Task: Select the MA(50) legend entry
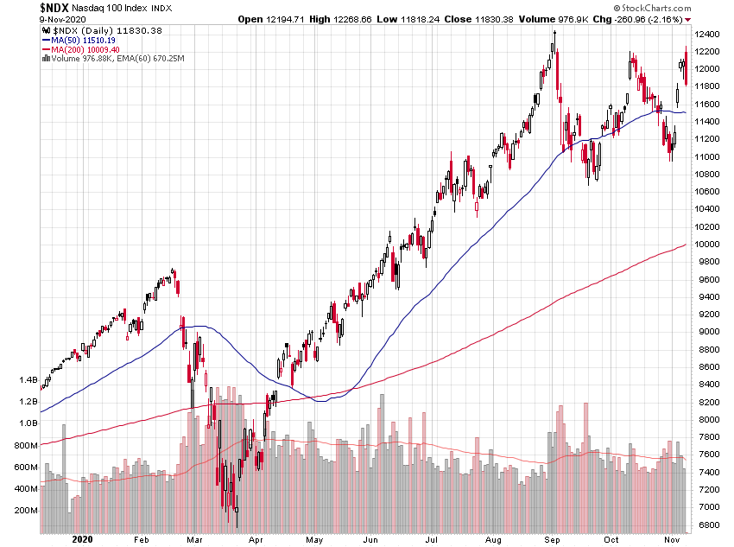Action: pos(84,39)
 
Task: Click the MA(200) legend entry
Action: pos(86,48)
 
